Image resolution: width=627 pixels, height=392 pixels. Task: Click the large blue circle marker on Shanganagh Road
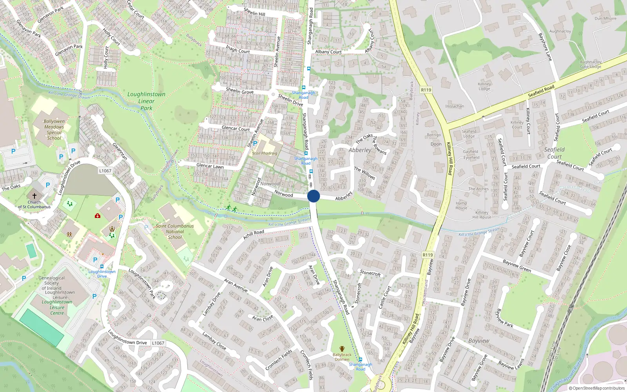click(313, 196)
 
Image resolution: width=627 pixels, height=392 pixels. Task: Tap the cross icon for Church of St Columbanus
click(34, 196)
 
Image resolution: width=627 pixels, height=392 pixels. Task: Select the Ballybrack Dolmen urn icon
click(342, 349)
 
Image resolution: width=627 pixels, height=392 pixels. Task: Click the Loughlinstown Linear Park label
click(146, 101)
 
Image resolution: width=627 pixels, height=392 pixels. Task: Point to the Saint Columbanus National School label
click(175, 231)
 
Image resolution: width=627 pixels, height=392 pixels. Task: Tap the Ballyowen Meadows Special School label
click(54, 130)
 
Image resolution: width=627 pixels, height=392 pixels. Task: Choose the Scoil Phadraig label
click(265, 153)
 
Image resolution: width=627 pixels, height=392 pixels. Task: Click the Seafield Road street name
click(541, 91)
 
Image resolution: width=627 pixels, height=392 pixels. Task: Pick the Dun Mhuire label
click(605, 18)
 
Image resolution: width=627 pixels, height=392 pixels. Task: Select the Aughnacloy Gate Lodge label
click(591, 64)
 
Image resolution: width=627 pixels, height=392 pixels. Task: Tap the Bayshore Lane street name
click(545, 47)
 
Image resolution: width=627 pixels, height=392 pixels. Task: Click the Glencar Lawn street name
click(210, 166)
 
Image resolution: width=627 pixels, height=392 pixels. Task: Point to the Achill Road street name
click(254, 234)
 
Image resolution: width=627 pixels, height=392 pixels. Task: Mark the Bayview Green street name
click(517, 266)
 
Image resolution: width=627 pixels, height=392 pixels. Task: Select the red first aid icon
click(98, 216)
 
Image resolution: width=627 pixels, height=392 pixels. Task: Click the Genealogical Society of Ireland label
click(52, 283)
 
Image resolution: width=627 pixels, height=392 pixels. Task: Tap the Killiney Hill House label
click(482, 215)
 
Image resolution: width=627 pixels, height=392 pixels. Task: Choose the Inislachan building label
click(455, 106)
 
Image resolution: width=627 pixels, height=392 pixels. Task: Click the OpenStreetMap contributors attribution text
click(598, 388)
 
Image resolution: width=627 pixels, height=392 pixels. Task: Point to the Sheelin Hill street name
click(254, 12)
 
